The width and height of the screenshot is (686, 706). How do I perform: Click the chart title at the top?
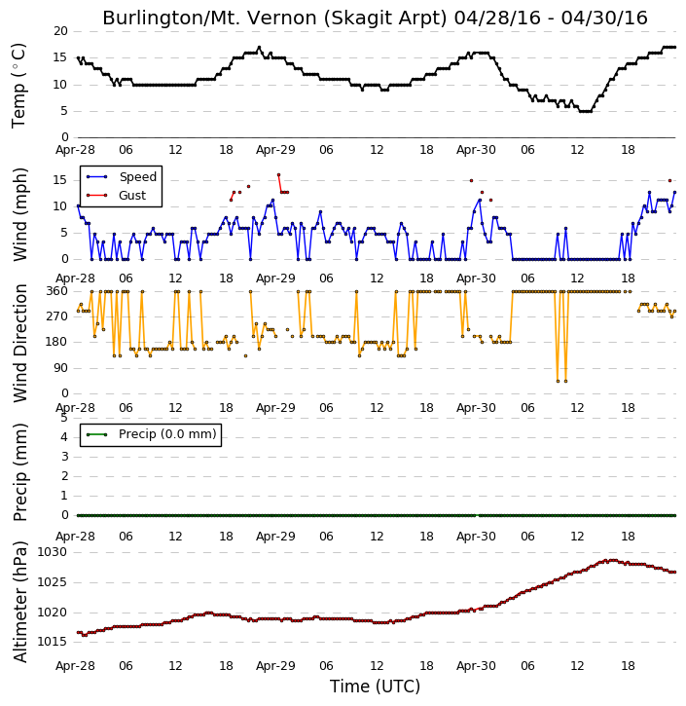coord(375,18)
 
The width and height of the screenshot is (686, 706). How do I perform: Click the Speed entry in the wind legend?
coord(122,177)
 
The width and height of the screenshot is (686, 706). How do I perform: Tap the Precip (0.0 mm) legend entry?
coord(151,434)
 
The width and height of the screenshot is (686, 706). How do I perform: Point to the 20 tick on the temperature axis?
coord(60,31)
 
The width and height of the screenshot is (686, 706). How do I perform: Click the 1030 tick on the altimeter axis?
coord(53,552)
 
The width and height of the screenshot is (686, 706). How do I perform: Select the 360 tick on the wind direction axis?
coord(57,291)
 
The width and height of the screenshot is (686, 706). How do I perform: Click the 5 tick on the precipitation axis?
coord(64,418)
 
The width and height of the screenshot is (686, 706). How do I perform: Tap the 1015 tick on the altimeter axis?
coord(53,642)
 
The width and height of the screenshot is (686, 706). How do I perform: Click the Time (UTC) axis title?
coord(375,687)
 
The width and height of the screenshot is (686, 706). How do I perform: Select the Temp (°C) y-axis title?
coord(18,86)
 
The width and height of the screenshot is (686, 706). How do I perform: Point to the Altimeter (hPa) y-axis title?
coord(19,602)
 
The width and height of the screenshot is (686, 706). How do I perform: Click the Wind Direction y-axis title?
coord(19,343)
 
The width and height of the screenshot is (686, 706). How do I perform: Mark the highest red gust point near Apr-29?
coord(278,174)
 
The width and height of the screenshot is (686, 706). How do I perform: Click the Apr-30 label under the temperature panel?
coord(476,150)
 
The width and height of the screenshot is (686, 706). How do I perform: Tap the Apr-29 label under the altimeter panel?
coord(275,666)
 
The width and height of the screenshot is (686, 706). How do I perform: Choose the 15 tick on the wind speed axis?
coord(60,180)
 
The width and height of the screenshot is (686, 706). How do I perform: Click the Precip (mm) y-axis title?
coord(19,472)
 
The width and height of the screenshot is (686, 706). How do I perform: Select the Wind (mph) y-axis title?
coord(19,215)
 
